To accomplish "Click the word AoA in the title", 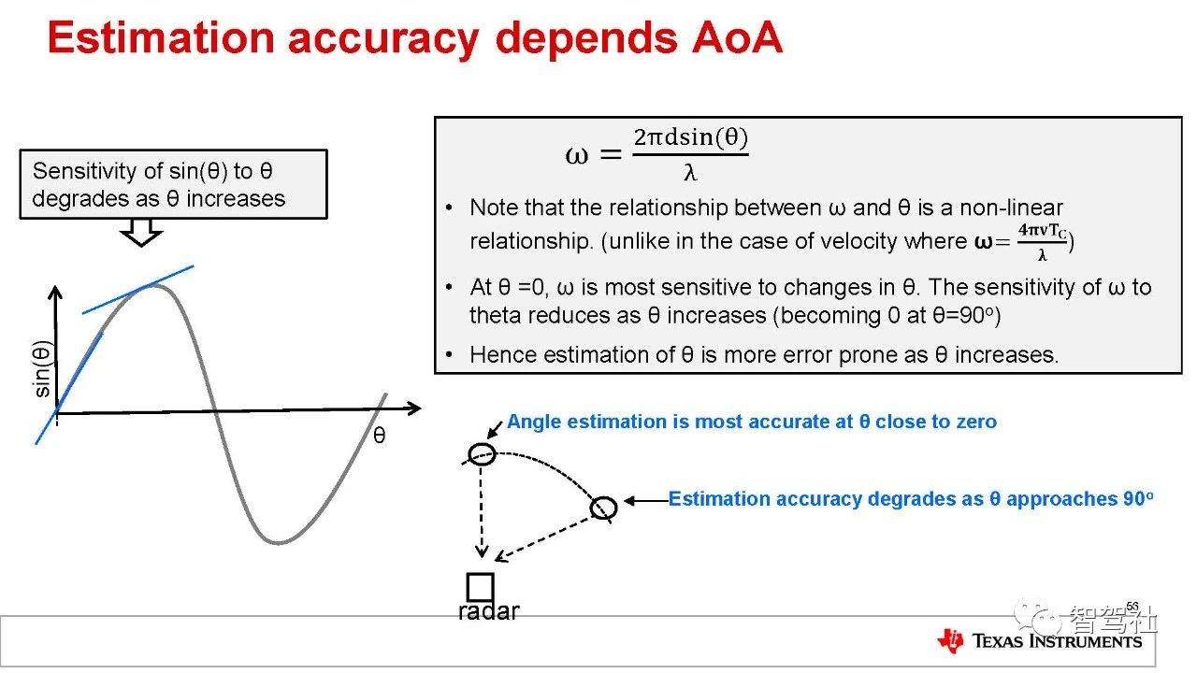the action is coord(737,37).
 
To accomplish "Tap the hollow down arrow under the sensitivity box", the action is coord(141,233).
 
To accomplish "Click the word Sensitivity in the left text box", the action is coord(84,171).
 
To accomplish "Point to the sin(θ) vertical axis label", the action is coord(42,368).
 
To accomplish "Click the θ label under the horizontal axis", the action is coord(379,436).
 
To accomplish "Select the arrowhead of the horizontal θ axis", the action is coord(412,408).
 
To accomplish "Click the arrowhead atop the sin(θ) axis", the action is coord(55,292).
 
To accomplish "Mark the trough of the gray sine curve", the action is coord(278,542).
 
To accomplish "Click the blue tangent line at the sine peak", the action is coord(137,290).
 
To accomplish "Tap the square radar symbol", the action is coord(480,587).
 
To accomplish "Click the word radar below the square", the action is coord(488,611).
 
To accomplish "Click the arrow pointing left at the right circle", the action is coord(646,500).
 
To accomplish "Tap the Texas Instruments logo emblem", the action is coord(950,640).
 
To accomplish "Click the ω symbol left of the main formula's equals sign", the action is coord(577,155).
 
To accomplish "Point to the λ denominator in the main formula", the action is coord(690,172).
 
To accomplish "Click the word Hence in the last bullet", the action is coord(501,354).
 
